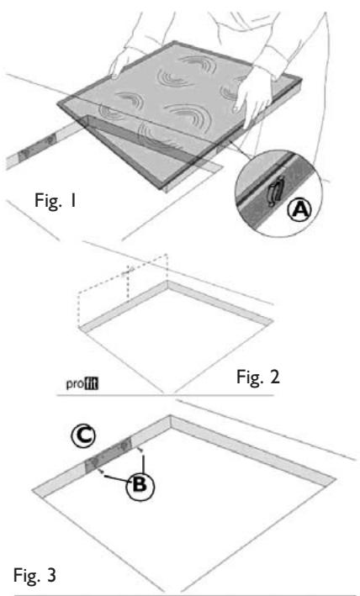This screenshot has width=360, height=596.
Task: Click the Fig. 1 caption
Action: click(x=56, y=200)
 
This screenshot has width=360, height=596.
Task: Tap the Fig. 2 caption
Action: click(x=258, y=377)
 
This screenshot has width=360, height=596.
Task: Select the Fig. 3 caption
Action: click(x=35, y=575)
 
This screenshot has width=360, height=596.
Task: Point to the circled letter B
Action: click(x=140, y=485)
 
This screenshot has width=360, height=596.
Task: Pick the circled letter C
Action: click(x=83, y=435)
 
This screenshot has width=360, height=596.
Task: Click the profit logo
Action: click(x=82, y=383)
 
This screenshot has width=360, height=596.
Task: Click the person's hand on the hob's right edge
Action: click(x=253, y=97)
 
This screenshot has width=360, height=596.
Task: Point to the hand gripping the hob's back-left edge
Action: click(x=123, y=63)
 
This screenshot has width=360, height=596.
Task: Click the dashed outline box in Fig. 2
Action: click(x=123, y=285)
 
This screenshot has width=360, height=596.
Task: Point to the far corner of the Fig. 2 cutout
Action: click(x=167, y=282)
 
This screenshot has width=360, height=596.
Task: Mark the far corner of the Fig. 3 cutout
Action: click(x=171, y=416)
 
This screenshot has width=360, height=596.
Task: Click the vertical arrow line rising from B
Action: click(x=143, y=461)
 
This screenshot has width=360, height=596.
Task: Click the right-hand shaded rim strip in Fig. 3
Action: click(x=253, y=450)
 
